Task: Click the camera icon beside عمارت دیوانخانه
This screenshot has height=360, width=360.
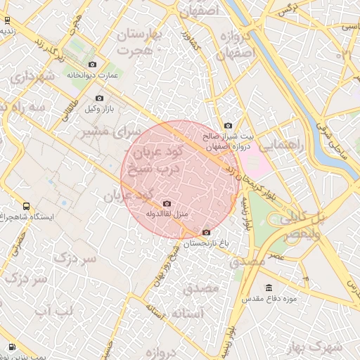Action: coord(93,65)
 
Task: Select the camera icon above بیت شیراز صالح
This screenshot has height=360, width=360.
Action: coord(228,126)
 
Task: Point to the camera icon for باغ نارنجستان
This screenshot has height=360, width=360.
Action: coord(205,233)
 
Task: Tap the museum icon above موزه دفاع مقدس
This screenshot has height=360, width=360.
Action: coord(269,288)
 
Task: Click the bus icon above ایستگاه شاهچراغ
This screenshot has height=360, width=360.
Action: coord(26,207)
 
